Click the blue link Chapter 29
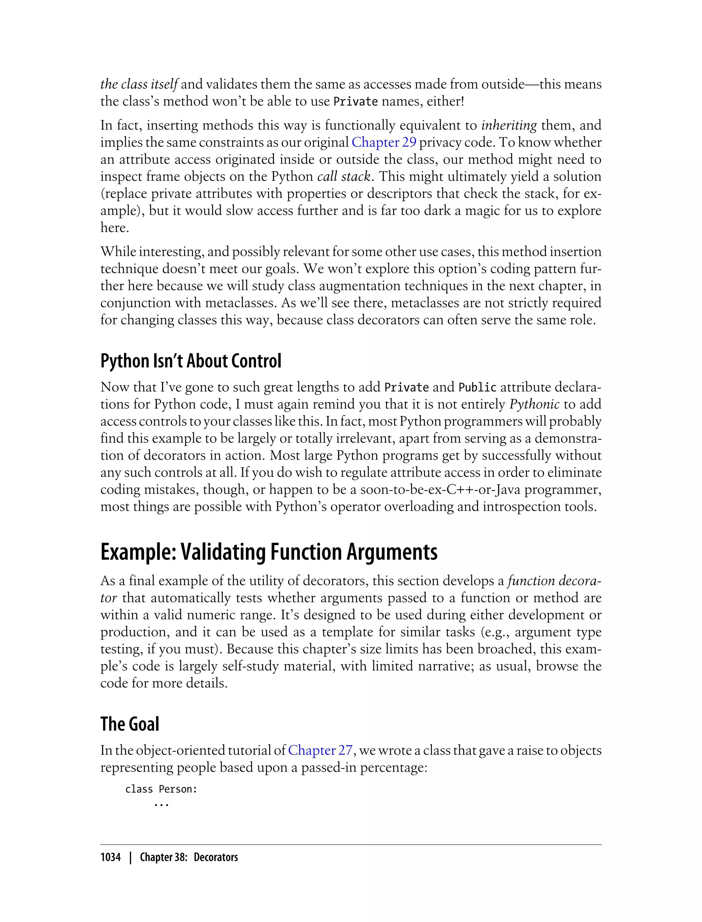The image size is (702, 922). [384, 143]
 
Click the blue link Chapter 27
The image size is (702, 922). [320, 750]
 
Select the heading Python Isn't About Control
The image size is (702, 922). [191, 361]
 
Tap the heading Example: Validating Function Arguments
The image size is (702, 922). [269, 552]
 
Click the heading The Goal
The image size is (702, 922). [130, 724]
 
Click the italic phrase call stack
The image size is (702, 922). [344, 176]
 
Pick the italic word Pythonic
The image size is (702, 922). [534, 404]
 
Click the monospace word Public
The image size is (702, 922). [477, 388]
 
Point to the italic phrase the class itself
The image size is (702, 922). [139, 84]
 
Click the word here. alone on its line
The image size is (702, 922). [114, 228]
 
